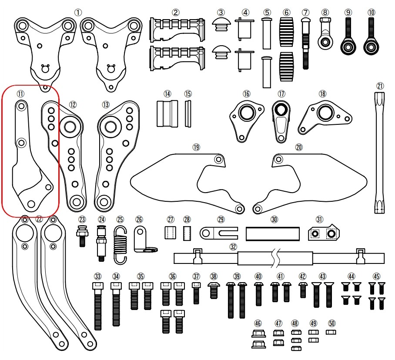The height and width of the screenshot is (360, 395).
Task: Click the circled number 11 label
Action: pos(20,93)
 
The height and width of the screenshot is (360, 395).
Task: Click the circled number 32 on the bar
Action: pos(234,247)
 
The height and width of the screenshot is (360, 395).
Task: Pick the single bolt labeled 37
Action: pos(196,292)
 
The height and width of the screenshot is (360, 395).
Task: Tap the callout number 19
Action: pos(196,147)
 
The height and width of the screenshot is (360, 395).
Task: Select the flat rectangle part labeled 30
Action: pos(273,233)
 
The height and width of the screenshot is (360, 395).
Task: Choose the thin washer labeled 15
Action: pos(188,113)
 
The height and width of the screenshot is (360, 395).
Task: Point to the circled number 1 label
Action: pos(78,13)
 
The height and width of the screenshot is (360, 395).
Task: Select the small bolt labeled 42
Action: pos(303,290)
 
